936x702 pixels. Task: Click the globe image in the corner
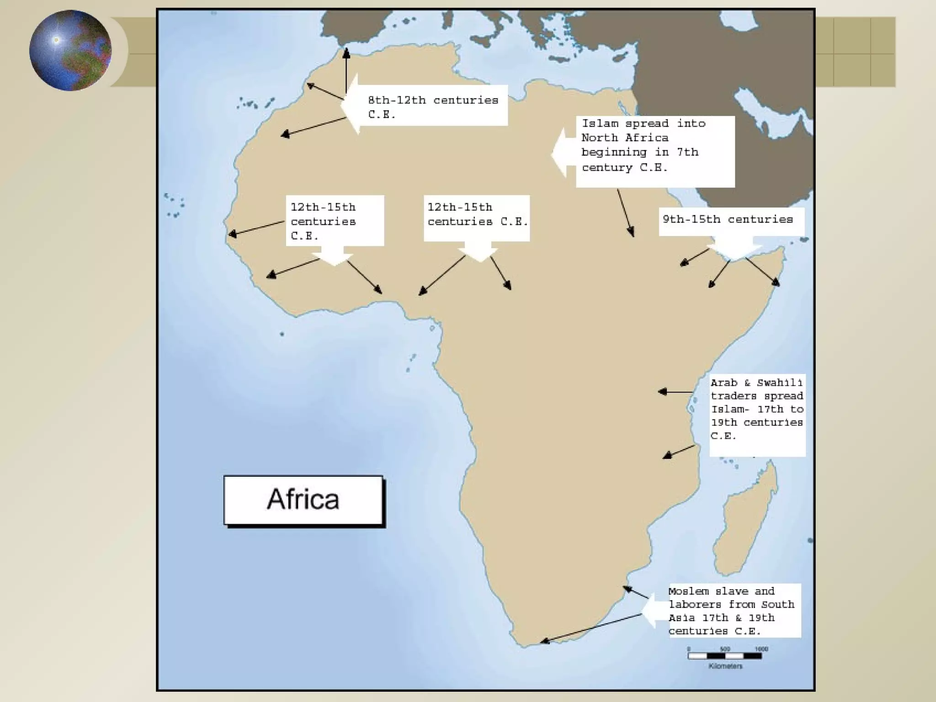[x=70, y=50]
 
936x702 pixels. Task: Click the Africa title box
[x=303, y=500]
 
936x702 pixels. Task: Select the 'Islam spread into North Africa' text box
[x=654, y=151]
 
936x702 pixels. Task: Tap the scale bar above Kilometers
[x=725, y=656]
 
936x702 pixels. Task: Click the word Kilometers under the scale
[x=725, y=666]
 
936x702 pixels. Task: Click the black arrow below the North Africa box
[x=626, y=213]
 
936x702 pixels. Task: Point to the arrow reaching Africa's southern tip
[x=590, y=629]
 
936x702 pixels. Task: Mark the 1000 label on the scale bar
[x=761, y=649]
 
